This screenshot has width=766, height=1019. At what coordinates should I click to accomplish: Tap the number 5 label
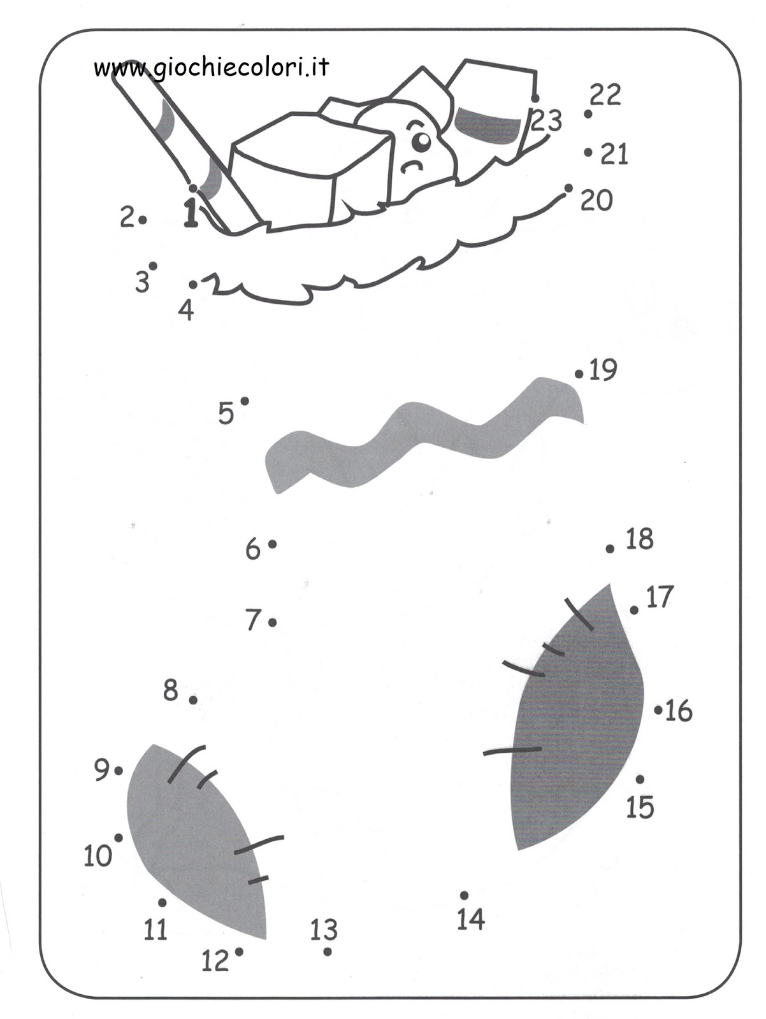(226, 414)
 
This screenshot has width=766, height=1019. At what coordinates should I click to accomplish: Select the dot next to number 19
(579, 374)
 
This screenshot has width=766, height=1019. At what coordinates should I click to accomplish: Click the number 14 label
(471, 919)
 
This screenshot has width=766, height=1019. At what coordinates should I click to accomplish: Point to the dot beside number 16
(658, 709)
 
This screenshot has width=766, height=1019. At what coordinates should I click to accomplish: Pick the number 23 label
(547, 120)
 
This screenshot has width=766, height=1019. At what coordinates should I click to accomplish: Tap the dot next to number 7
(273, 622)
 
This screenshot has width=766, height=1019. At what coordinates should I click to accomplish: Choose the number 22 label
(605, 96)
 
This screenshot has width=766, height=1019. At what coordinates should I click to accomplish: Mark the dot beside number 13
(328, 951)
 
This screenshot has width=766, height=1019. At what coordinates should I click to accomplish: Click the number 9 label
(102, 771)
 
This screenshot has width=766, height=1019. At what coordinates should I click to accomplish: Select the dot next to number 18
(610, 548)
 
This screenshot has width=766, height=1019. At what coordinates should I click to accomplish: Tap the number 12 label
(215, 960)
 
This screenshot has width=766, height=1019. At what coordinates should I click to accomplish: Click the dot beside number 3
(153, 266)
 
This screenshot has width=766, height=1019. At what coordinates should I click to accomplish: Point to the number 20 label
(596, 201)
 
